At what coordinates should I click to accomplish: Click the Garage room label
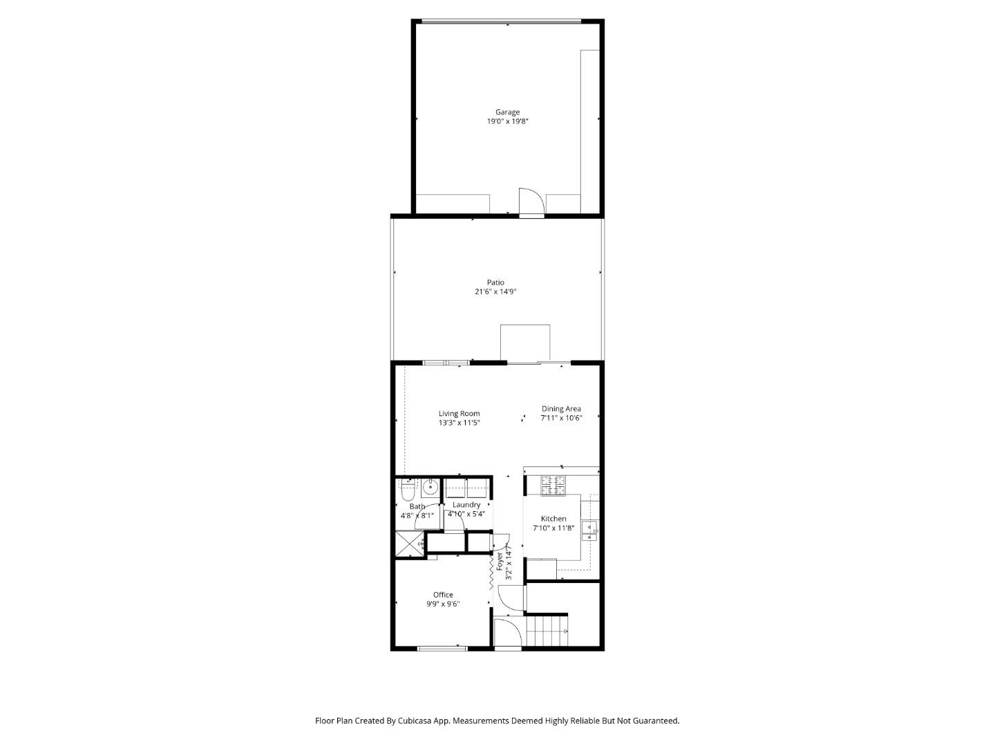tap(507, 112)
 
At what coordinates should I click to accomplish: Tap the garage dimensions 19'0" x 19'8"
tap(507, 122)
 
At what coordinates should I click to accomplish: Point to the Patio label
tap(495, 283)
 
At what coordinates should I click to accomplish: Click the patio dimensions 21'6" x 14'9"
tap(495, 291)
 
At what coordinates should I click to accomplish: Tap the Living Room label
tap(459, 414)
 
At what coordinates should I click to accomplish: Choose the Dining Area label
tap(561, 409)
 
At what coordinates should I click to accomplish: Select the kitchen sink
tap(589, 530)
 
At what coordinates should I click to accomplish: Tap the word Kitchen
tap(553, 519)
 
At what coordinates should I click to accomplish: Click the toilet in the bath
tap(407, 490)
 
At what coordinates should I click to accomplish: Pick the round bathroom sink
tap(430, 488)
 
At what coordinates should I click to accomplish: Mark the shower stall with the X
tap(409, 544)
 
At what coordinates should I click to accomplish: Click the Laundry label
tap(466, 505)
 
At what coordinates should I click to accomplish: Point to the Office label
tap(443, 595)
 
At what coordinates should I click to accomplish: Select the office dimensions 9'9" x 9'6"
tap(443, 604)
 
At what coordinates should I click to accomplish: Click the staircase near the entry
tap(547, 631)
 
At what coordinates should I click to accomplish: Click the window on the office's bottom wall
tap(442, 648)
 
